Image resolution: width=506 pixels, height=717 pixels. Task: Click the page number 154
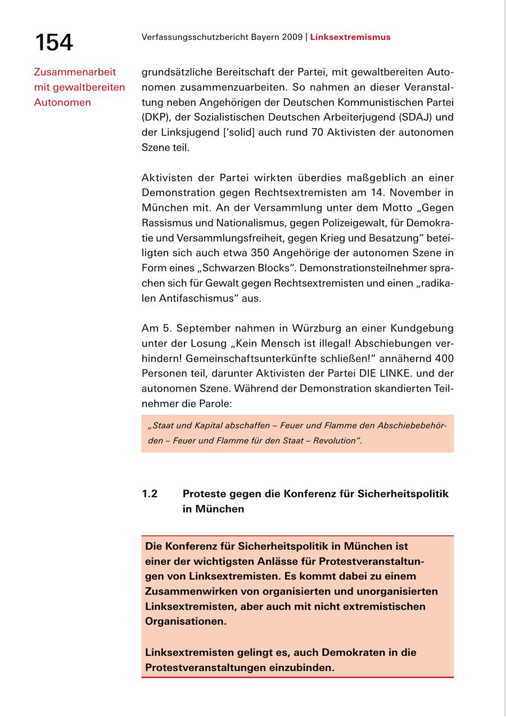[x=54, y=42]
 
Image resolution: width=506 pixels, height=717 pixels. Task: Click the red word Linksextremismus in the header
[x=350, y=37]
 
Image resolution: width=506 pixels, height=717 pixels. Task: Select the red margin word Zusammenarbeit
[x=75, y=72]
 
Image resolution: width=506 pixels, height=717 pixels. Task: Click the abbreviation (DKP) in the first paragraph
[x=155, y=117]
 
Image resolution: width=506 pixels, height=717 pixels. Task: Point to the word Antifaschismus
[x=191, y=298]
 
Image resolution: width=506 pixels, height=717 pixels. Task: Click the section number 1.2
[x=150, y=494]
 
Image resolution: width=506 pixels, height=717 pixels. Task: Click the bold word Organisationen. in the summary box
[x=186, y=622]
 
